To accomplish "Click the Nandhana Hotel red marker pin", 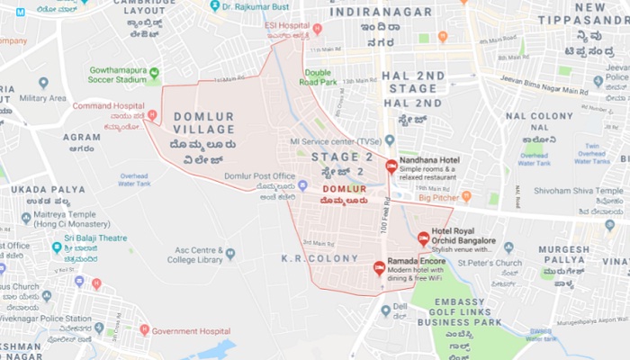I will point(391,166).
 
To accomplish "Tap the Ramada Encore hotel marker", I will point(379,266).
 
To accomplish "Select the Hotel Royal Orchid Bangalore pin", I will point(424,238).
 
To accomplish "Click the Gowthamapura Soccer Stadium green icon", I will point(154,73).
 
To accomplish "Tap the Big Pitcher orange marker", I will point(466,195).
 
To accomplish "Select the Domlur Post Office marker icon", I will point(302,185).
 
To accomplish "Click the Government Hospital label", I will point(191,330).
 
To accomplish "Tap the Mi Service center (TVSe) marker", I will point(389,140).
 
